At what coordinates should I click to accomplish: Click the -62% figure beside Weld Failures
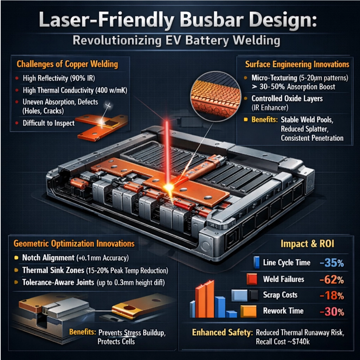[332, 279]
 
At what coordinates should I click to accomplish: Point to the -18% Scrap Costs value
[332, 295]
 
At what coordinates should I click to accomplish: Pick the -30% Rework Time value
[332, 311]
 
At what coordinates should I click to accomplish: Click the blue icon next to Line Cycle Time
[256, 262]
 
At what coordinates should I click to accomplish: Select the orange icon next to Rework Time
[249, 311]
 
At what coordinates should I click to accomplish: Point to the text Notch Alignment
[48, 258]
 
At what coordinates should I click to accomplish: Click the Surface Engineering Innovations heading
[297, 64]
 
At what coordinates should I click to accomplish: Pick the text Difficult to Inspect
[49, 123]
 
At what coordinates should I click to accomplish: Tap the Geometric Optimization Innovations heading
[74, 243]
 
